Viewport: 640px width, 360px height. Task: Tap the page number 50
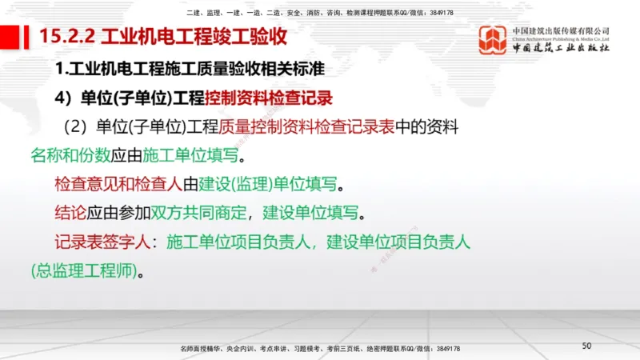tap(586, 346)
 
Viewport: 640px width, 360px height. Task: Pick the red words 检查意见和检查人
tap(118, 184)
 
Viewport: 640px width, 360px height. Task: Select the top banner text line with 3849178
tap(319, 14)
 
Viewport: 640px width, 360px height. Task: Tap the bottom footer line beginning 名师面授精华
tap(320, 349)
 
